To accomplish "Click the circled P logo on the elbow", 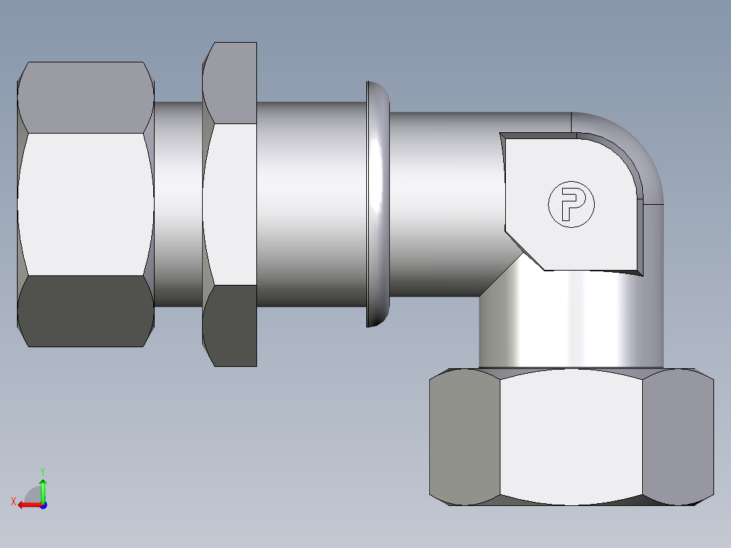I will tap(570, 203).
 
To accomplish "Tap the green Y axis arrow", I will tap(43, 488).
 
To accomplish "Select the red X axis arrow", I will tap(27, 505).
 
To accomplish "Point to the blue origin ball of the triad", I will tap(43, 505).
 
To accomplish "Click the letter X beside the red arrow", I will tap(13, 501).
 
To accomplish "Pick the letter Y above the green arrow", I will tap(42, 470).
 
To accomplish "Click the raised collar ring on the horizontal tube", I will tap(378, 203).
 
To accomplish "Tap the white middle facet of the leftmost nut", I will tap(85, 203).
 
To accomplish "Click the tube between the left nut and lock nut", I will tap(178, 203).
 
